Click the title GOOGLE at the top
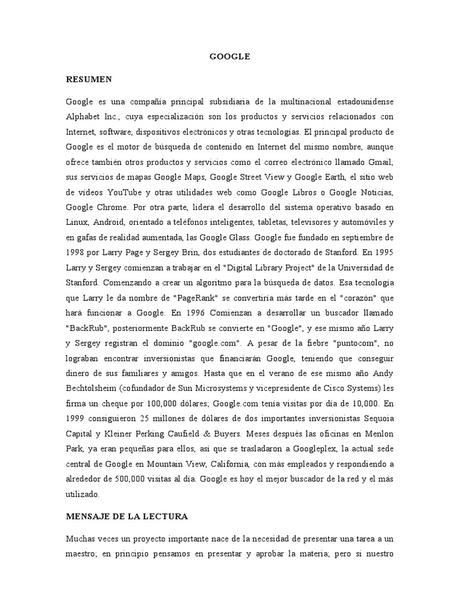tap(229, 57)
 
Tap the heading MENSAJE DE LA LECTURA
tap(127, 516)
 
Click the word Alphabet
tap(83, 116)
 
